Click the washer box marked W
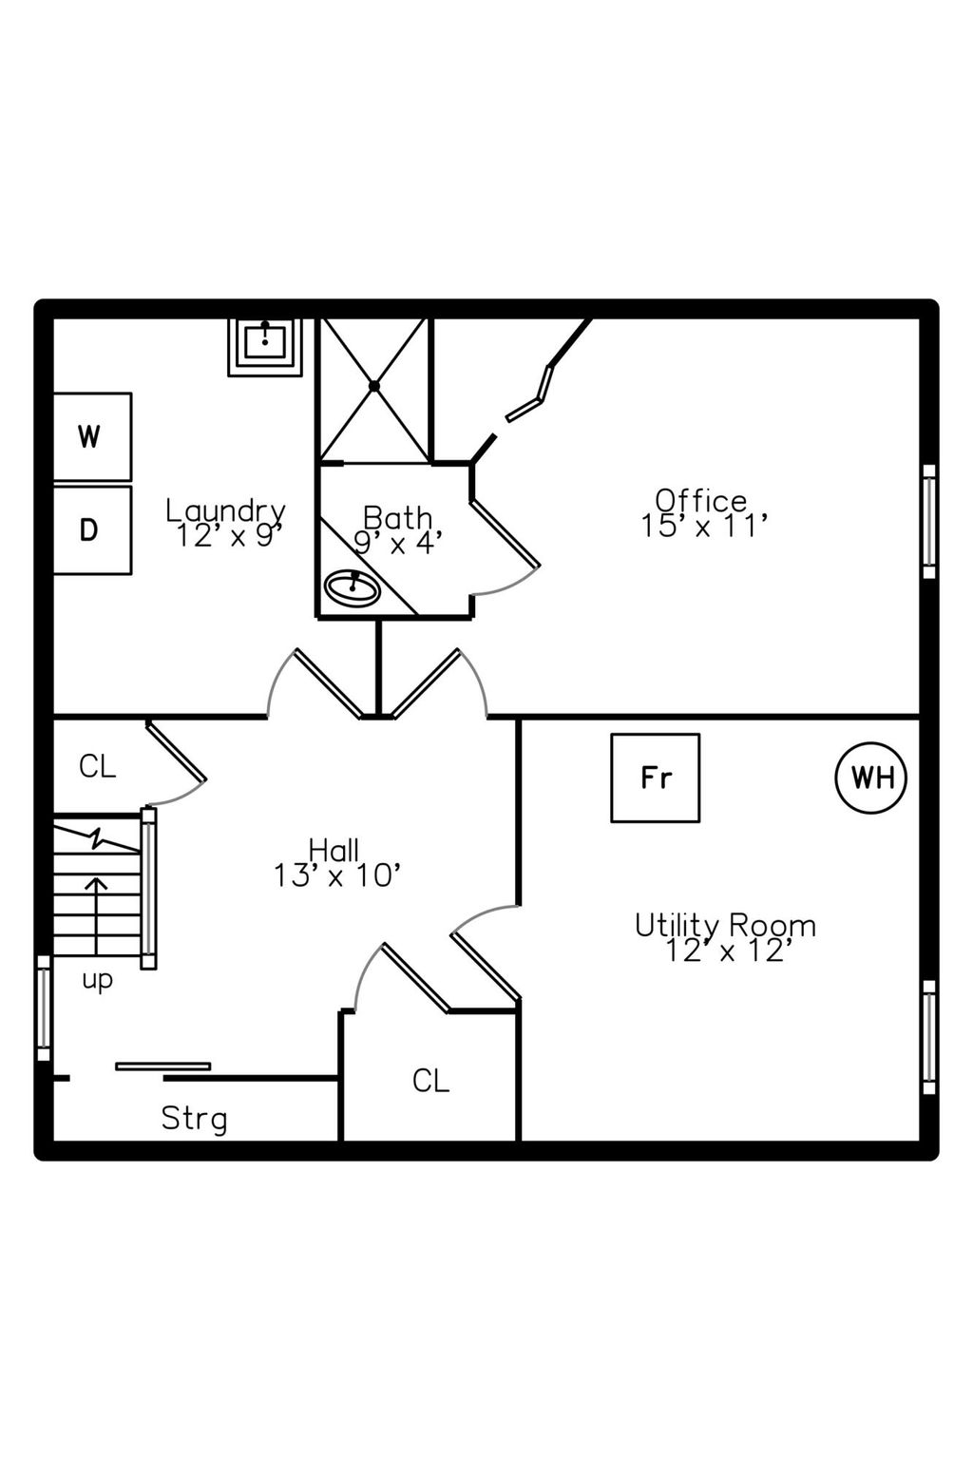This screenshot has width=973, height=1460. pyautogui.click(x=92, y=436)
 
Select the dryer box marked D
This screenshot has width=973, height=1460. pyautogui.click(x=92, y=529)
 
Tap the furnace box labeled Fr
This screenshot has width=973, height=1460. pyautogui.click(x=655, y=778)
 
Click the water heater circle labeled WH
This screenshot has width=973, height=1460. pyautogui.click(x=870, y=777)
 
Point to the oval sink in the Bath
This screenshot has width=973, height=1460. pyautogui.click(x=352, y=588)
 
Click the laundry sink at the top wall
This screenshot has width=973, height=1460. pyautogui.click(x=265, y=347)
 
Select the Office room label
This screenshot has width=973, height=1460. pyautogui.click(x=701, y=501)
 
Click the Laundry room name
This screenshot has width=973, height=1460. pyautogui.click(x=225, y=511)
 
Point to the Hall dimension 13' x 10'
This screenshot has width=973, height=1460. pyautogui.click(x=336, y=875)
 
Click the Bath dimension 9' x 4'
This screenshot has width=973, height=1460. pyautogui.click(x=398, y=542)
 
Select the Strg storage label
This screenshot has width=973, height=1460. pyautogui.click(x=194, y=1119)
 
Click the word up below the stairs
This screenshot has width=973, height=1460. pyautogui.click(x=98, y=980)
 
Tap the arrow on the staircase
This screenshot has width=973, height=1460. pyautogui.click(x=97, y=915)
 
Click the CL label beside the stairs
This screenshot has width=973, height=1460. pyautogui.click(x=97, y=767)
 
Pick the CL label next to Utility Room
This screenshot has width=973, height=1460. pyautogui.click(x=430, y=1082)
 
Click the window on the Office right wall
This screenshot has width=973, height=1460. pyautogui.click(x=929, y=522)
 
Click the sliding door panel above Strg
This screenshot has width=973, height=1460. pyautogui.click(x=162, y=1067)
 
